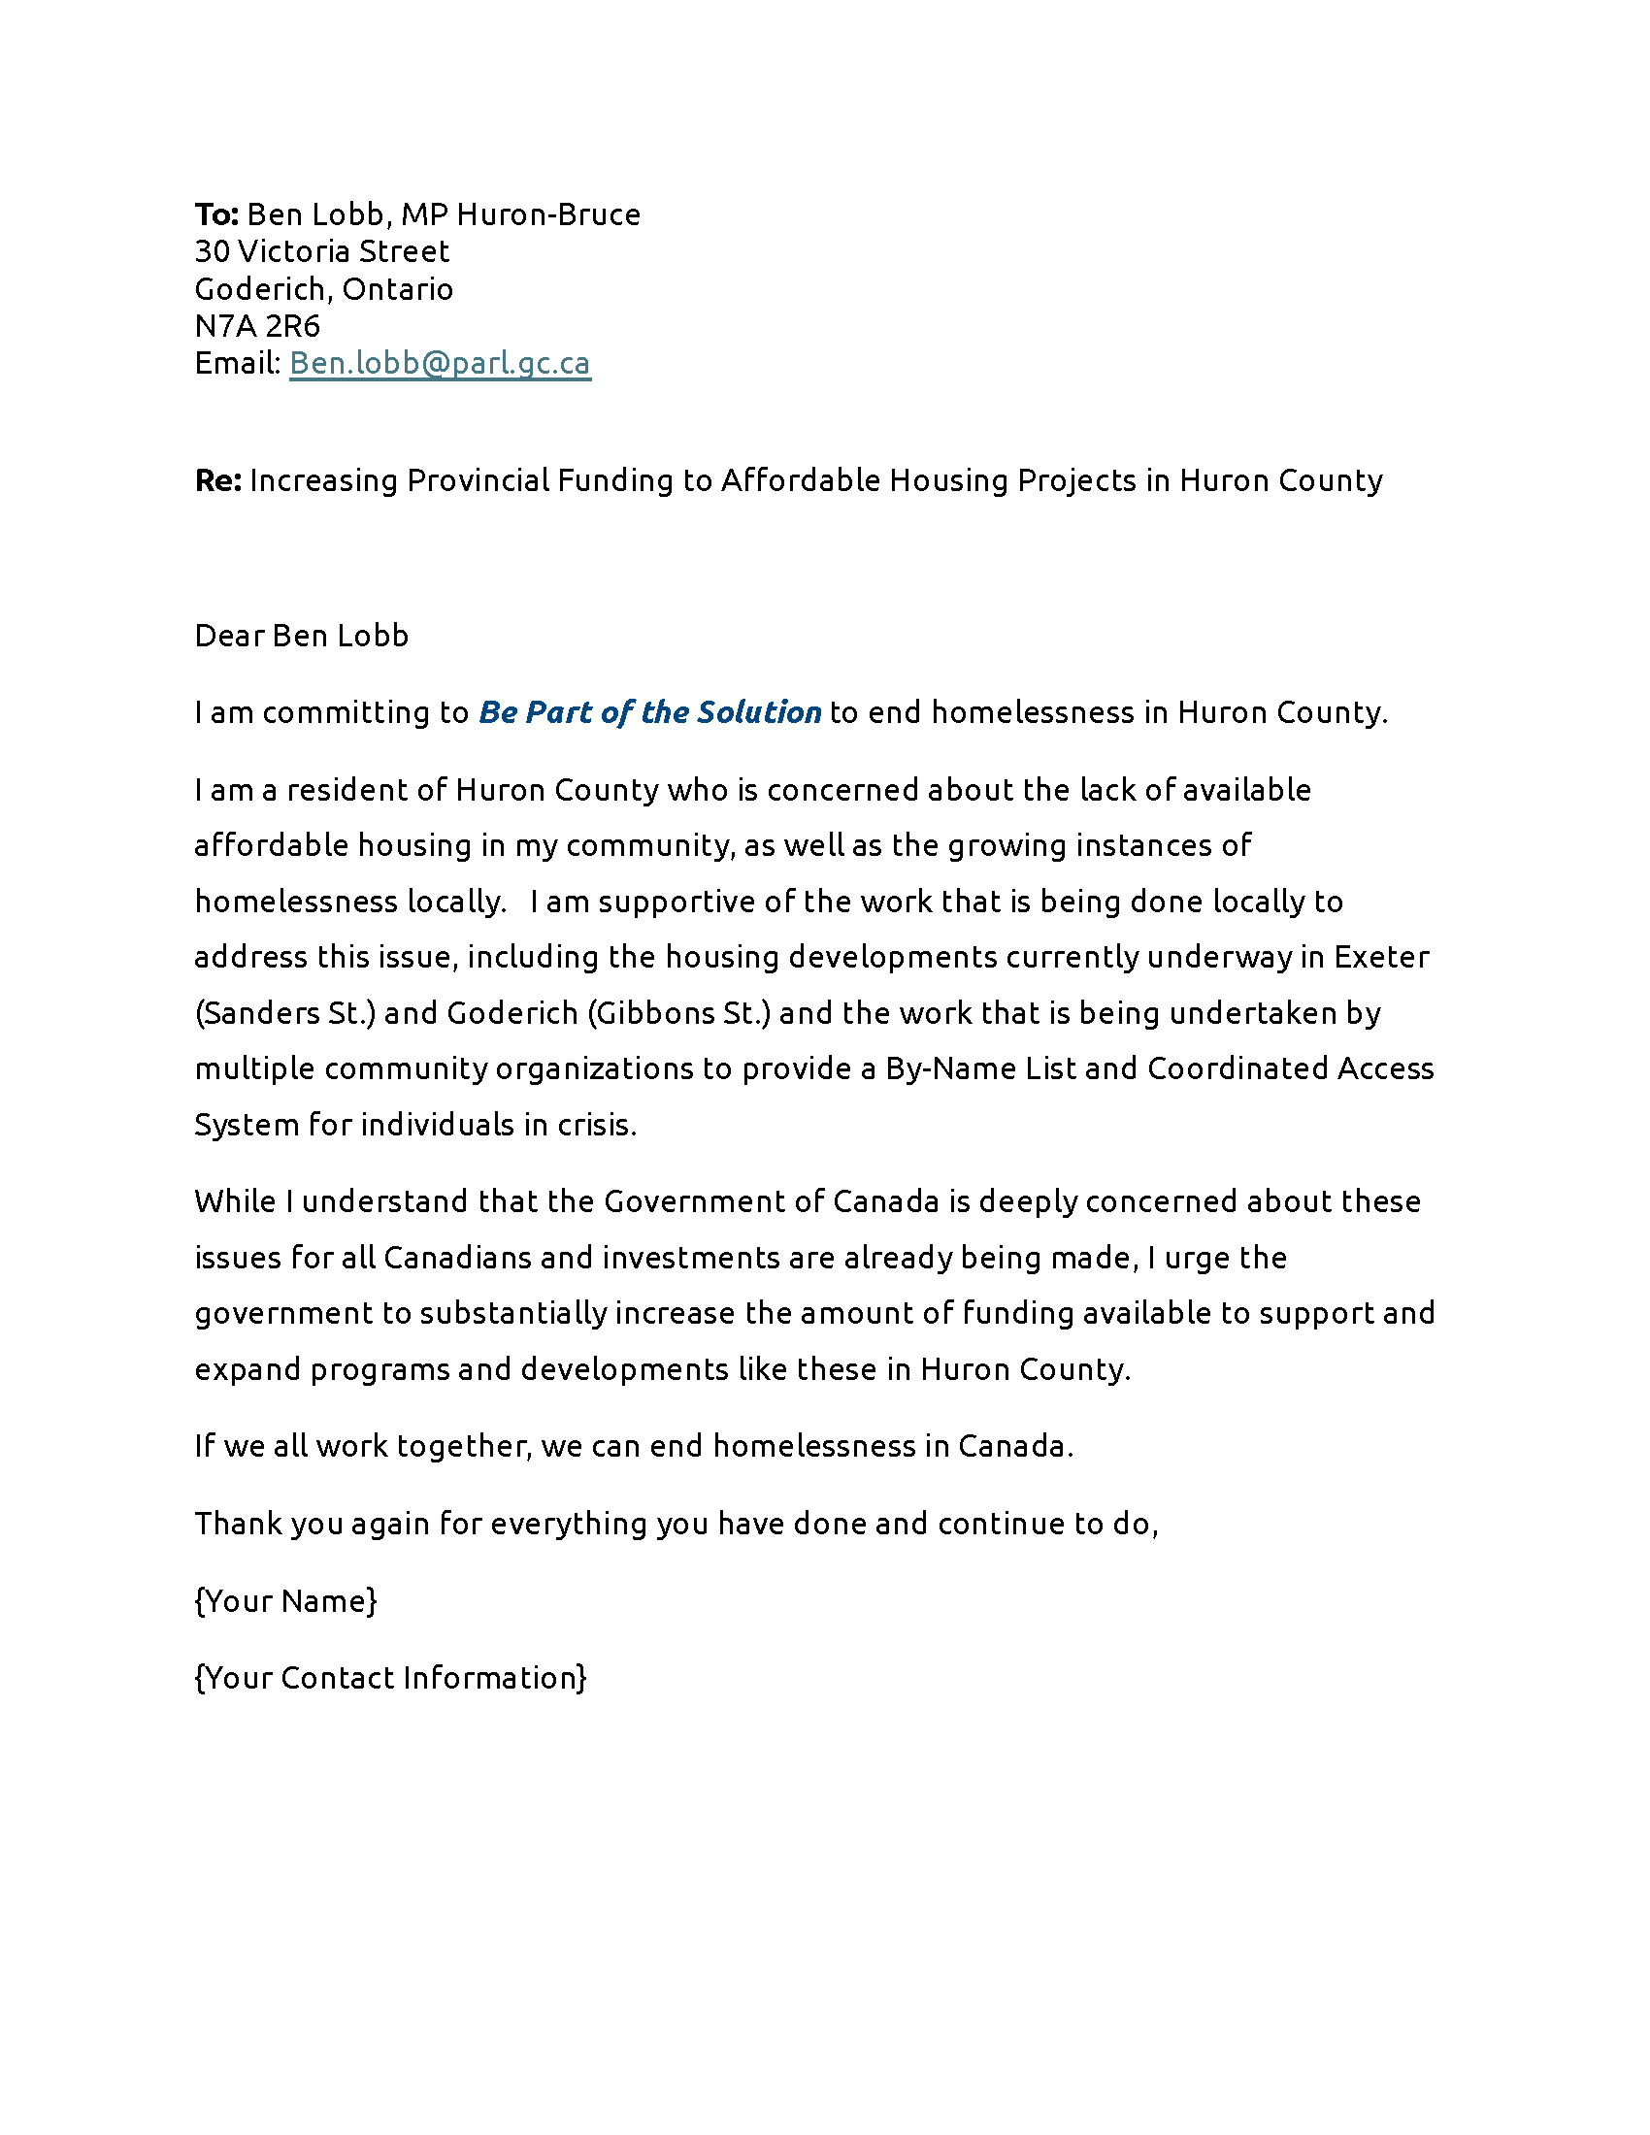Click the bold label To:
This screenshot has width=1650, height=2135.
click(x=216, y=214)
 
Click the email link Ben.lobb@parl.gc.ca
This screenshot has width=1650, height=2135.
click(x=440, y=364)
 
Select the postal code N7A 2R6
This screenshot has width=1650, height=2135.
click(x=257, y=325)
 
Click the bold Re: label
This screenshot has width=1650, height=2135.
click(x=218, y=481)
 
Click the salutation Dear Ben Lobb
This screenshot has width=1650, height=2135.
click(x=301, y=636)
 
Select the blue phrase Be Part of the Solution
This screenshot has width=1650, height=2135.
click(x=649, y=712)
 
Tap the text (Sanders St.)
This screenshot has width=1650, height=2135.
click(x=285, y=1013)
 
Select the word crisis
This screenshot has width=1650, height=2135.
click(x=596, y=1125)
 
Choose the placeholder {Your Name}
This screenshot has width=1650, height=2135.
click(x=285, y=1601)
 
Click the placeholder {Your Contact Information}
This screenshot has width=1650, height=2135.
click(x=390, y=1679)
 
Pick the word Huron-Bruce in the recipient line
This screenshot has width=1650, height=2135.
click(x=548, y=214)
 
